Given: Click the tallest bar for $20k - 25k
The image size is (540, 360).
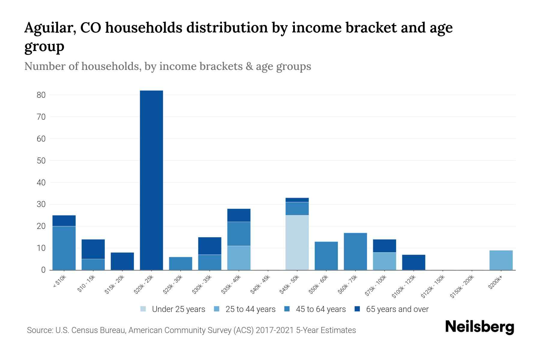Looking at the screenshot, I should tap(151, 180).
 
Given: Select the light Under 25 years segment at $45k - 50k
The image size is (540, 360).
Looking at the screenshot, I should tap(297, 242).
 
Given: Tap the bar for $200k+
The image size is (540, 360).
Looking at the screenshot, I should tap(501, 260).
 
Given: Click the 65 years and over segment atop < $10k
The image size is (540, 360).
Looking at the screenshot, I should tap(64, 220).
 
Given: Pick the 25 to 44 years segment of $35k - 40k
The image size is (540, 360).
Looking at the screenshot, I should tap(239, 258).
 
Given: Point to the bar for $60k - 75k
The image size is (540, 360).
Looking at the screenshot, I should tap(355, 251).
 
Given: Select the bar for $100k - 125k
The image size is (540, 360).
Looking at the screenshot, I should tap(413, 262).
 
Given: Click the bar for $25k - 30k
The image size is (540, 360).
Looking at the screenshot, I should tap(181, 263).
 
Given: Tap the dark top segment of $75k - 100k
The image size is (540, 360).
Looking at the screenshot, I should tap(384, 246).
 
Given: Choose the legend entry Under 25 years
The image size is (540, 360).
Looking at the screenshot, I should tap(178, 309).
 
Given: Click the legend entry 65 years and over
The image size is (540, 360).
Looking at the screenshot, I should tap(397, 309).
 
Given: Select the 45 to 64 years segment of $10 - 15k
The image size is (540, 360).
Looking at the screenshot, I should tap(93, 264).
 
